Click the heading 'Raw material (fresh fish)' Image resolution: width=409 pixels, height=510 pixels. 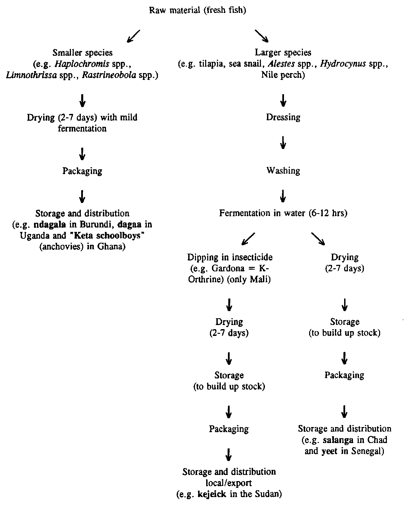pyautogui.click(x=198, y=10)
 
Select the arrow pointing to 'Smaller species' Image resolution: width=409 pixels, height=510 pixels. pyautogui.click(x=133, y=36)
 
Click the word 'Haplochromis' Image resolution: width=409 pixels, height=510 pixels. pyautogui.click(x=84, y=64)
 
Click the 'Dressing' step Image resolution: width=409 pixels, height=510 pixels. pyautogui.click(x=283, y=117)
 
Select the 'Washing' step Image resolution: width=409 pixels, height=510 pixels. pyautogui.click(x=283, y=170)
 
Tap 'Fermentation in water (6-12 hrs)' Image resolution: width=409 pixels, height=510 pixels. pyautogui.click(x=283, y=213)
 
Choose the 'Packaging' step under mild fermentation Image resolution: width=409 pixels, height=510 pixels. pyautogui.click(x=82, y=171)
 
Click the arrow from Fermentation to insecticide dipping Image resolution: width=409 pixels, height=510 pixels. pyautogui.click(x=248, y=239)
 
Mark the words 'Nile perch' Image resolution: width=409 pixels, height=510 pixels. pyautogui.click(x=283, y=75)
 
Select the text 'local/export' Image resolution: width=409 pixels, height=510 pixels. pyautogui.click(x=229, y=483)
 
